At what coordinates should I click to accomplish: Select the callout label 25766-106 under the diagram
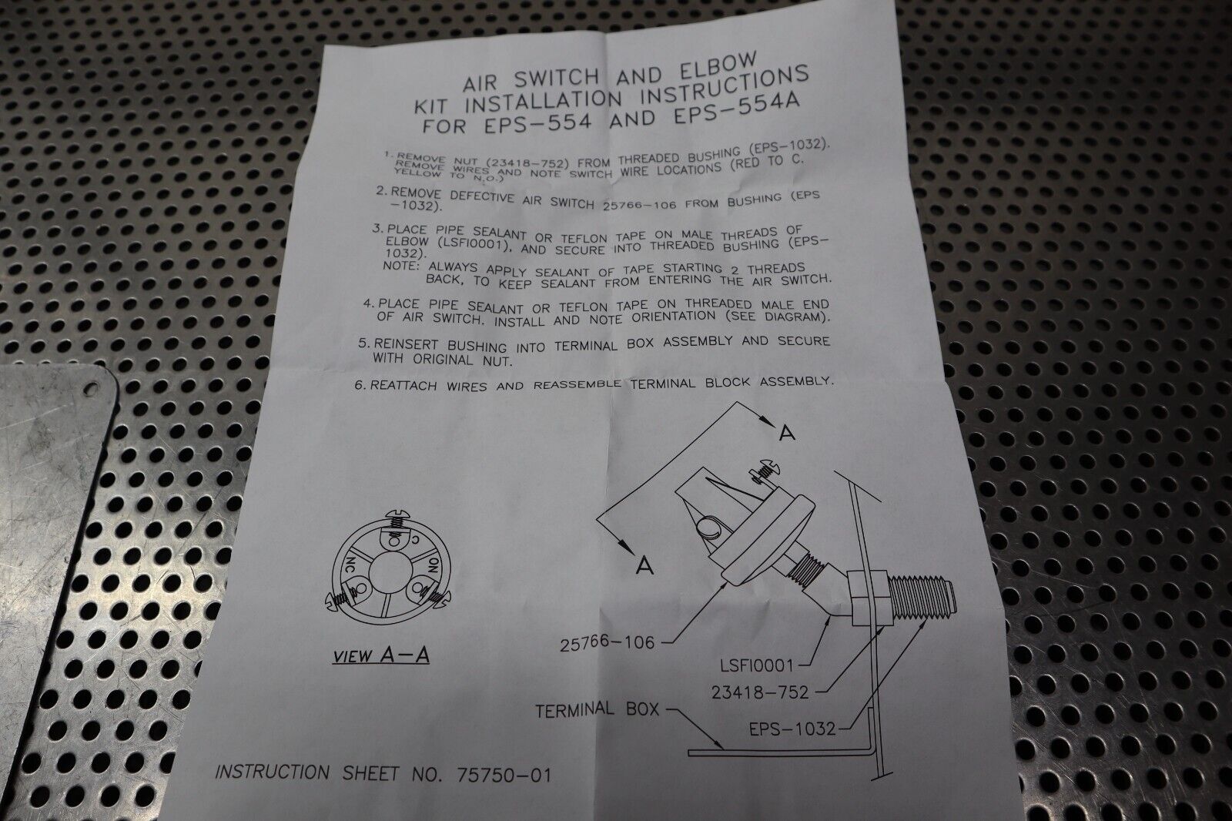[608, 643]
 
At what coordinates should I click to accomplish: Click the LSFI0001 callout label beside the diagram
[756, 665]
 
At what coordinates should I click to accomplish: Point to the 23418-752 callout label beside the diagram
[760, 692]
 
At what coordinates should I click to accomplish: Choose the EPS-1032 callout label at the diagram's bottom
[792, 729]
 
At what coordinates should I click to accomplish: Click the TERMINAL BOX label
[598, 710]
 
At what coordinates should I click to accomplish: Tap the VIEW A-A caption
[380, 655]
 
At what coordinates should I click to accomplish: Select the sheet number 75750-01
[504, 775]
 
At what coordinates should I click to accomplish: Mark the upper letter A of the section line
[787, 433]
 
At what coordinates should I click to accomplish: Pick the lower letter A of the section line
[644, 565]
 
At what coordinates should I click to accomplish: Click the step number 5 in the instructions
[363, 343]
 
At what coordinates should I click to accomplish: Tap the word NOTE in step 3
[401, 266]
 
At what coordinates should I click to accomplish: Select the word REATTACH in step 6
[404, 385]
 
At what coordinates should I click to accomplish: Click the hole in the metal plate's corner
[91, 388]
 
